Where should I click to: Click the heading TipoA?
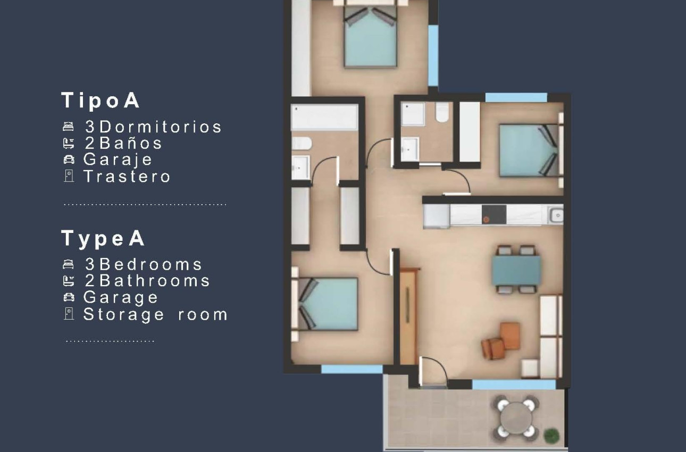point(101,101)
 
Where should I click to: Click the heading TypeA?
point(103,238)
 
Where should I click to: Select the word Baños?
point(131,143)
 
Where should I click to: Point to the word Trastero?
point(127,176)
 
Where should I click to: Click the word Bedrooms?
point(151,264)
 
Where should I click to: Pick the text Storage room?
point(155,314)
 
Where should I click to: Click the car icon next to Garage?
point(69,297)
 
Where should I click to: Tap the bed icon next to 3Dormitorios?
point(69,127)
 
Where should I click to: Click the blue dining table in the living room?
point(516,271)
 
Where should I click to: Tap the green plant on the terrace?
point(553,436)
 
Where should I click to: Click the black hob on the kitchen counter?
point(494,215)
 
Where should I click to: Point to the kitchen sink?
point(556,215)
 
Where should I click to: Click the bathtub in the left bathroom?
point(324,117)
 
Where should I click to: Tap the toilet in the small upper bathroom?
point(442,113)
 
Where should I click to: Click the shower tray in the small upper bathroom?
point(413,113)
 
